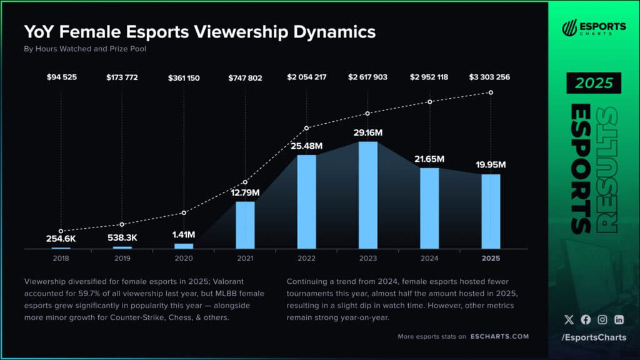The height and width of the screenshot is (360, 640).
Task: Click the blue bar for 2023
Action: pos(367,195)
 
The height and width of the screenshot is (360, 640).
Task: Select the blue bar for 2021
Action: pos(245,225)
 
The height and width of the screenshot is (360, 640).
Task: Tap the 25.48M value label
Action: pos(306,146)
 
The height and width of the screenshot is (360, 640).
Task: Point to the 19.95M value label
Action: pos(490,165)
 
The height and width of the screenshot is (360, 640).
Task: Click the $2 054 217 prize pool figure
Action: pos(306,77)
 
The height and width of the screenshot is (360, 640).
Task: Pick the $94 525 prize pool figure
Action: pos(61,77)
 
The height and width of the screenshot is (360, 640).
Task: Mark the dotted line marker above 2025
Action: pos(491,92)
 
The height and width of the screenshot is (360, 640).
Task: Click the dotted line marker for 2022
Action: pos(306,128)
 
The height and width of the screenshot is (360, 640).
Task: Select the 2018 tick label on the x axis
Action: pos(61,257)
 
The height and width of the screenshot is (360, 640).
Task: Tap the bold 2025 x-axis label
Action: pos(491,257)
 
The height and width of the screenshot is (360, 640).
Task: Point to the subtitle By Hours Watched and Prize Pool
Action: pos(85,49)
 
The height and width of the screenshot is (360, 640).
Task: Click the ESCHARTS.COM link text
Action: pos(499,336)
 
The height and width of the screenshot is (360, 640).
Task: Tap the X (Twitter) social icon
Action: pos(568,319)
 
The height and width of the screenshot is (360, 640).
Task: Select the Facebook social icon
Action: pos(586,319)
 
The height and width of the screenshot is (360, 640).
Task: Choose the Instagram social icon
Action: pos(602,319)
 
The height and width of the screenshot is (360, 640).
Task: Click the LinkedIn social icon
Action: pos(619,319)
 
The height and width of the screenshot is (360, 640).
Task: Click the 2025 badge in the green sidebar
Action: pos(594,83)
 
